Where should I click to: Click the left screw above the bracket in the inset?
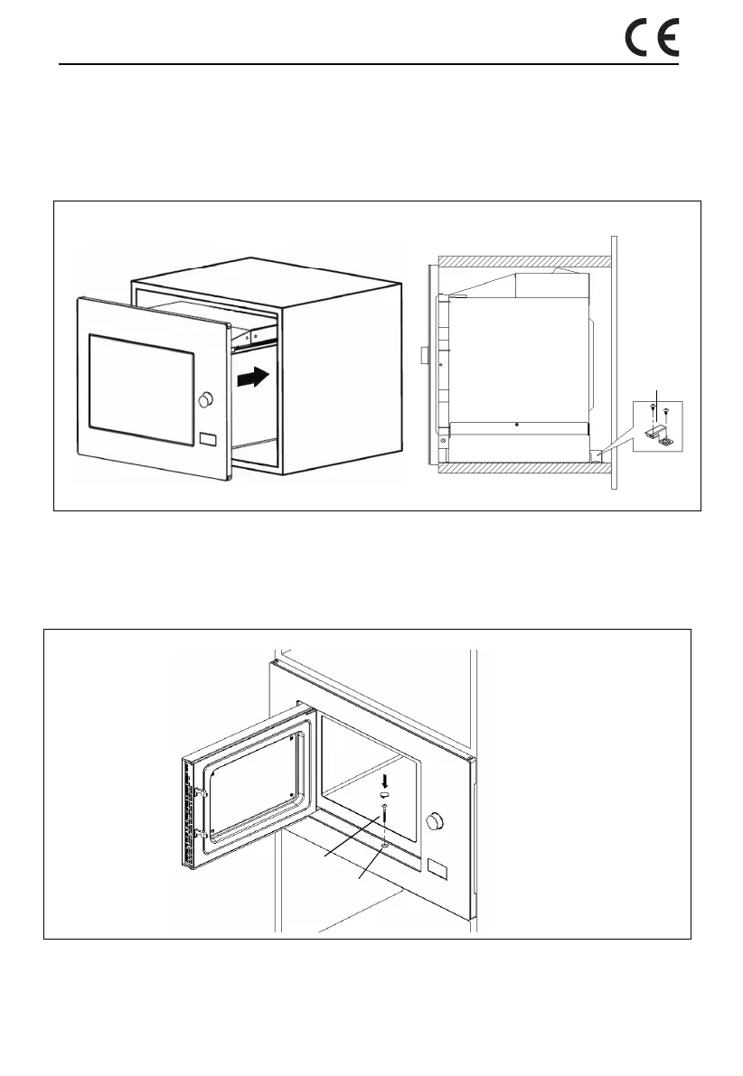tap(651, 412)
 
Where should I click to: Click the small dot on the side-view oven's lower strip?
tap(515, 424)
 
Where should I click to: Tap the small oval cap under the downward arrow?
tap(385, 792)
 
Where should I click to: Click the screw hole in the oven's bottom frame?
tap(386, 845)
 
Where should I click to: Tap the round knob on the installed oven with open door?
tap(437, 821)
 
